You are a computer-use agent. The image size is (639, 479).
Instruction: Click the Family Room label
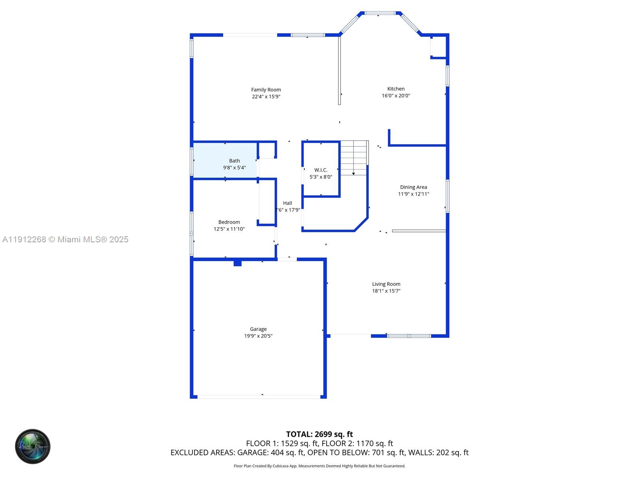266,90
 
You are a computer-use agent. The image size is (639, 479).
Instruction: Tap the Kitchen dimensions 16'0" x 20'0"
396,96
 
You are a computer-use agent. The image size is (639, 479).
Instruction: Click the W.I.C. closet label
321,170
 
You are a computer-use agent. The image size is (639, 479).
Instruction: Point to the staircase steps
354,157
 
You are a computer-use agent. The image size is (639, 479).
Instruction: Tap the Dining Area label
413,187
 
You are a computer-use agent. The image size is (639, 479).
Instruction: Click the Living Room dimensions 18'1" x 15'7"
386,291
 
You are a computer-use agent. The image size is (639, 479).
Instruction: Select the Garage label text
258,329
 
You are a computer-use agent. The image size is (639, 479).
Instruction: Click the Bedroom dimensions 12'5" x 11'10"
229,229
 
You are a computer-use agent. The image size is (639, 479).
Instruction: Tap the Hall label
288,203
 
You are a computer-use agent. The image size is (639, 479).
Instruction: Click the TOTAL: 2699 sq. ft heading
319,434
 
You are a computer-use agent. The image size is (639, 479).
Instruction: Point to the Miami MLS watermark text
65,239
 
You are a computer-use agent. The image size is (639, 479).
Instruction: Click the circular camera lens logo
33,446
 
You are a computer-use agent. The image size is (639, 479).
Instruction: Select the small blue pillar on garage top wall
238,263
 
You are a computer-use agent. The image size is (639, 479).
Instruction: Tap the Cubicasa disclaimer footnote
319,466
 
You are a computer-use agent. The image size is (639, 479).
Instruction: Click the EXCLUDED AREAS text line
319,453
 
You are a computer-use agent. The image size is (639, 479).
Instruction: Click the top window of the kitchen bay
381,13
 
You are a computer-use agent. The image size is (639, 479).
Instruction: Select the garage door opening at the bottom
259,397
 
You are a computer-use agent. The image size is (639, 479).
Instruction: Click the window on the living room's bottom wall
409,336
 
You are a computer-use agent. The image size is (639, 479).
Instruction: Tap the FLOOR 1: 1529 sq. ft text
282,443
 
